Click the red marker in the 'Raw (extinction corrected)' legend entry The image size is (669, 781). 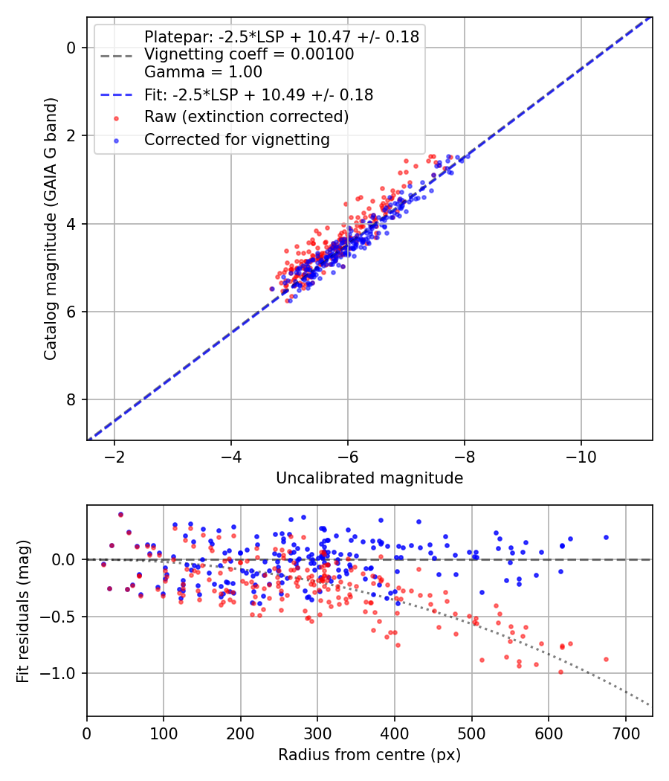[115, 118]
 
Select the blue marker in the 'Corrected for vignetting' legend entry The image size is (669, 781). [115, 141]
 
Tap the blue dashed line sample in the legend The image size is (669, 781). [115, 95]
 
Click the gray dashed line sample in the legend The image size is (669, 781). [115, 54]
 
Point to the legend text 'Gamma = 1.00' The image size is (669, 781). [203, 73]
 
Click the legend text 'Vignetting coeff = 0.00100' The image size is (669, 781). [249, 54]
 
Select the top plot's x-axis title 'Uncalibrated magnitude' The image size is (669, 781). [369, 478]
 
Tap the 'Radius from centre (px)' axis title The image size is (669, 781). [369, 755]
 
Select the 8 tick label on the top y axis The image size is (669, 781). [72, 400]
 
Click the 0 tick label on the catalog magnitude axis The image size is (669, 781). [72, 48]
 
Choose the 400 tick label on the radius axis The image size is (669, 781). [395, 733]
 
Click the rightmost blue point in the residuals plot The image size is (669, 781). [606, 537]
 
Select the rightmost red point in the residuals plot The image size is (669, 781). [606, 659]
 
